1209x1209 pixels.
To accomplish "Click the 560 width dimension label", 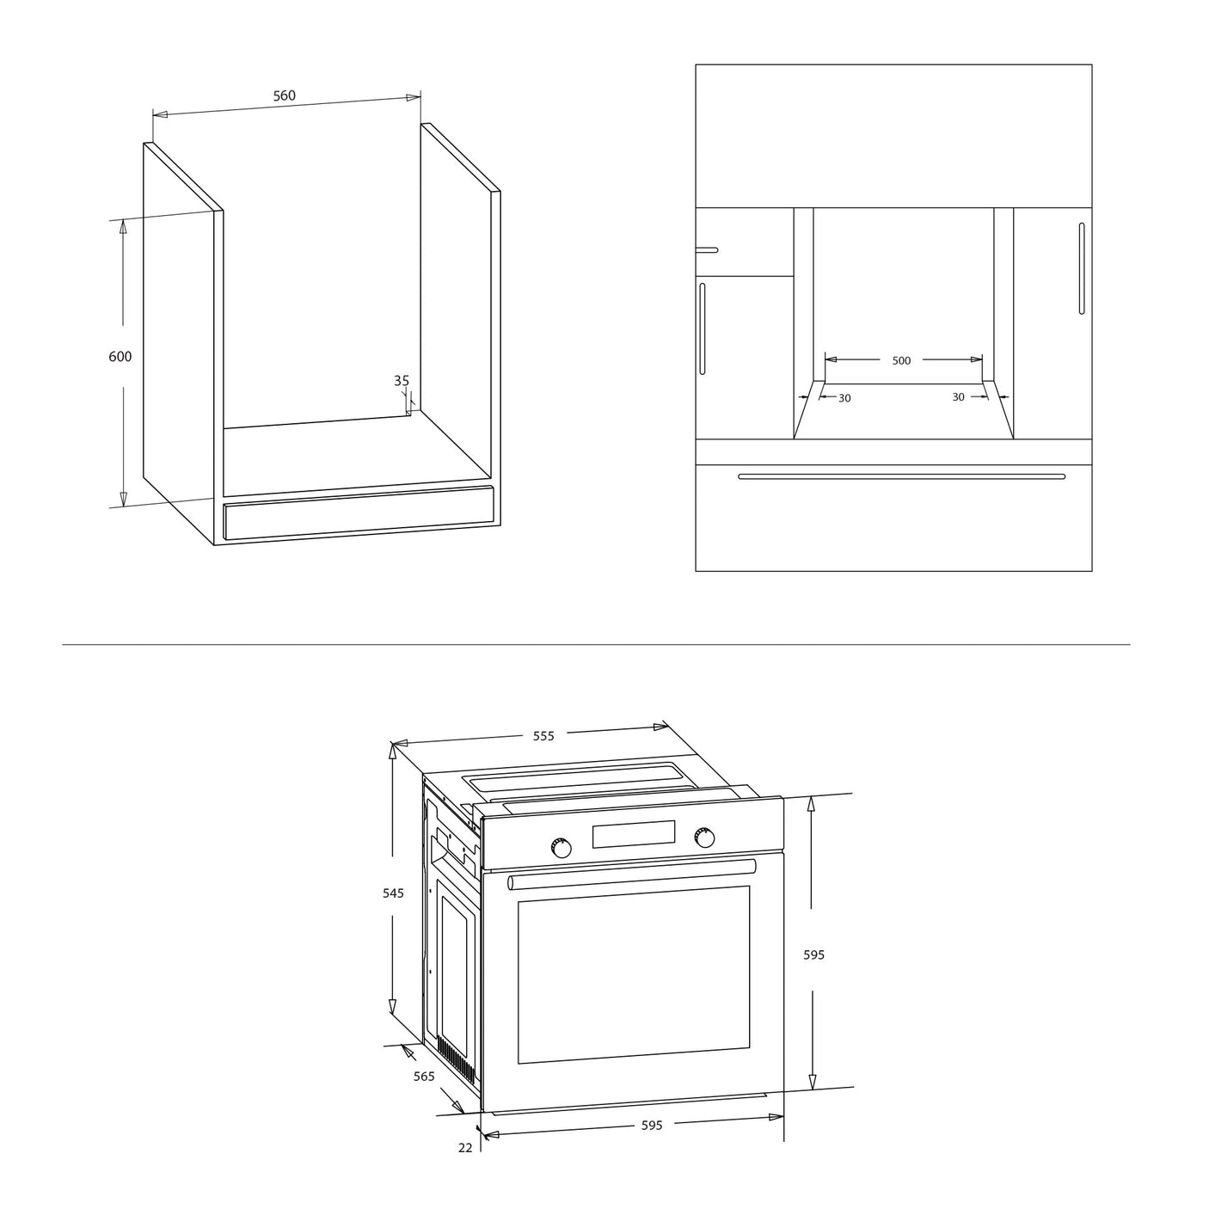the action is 285,96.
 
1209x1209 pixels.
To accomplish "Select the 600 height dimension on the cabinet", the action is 120,356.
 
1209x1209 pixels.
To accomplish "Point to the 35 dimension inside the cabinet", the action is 402,381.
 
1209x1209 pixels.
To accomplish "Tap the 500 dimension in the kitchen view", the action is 901,361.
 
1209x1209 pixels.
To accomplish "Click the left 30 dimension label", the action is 844,398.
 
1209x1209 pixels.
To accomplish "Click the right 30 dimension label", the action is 958,397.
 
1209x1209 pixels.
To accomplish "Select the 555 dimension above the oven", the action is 544,736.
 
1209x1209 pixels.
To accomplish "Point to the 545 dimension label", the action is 393,893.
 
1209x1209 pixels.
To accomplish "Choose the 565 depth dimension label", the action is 424,1077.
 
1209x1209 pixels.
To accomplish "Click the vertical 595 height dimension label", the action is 813,954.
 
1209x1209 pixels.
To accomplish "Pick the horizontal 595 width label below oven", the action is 652,1126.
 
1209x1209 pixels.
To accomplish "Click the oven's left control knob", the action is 561,848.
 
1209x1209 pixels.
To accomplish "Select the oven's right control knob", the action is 704,837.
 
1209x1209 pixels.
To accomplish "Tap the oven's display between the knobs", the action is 634,834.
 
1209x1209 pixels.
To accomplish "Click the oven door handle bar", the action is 632,875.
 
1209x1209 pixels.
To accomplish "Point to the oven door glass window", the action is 634,974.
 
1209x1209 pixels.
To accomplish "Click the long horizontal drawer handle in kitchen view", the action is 901,476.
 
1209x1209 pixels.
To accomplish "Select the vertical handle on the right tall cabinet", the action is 1082,268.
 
